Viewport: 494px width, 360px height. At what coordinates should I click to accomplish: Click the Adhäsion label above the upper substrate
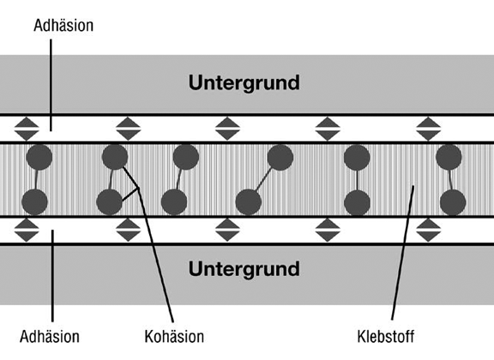tap(63, 26)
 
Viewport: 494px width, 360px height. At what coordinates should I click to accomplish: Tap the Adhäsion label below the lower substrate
tap(50, 336)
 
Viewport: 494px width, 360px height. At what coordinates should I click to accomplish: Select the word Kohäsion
tap(174, 336)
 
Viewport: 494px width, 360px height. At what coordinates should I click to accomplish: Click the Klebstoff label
tap(386, 336)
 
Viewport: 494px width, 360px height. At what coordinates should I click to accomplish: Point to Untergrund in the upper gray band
tap(244, 82)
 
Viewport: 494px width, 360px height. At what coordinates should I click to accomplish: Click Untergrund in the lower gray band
tap(244, 269)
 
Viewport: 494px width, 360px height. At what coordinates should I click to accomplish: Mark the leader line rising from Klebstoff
tap(402, 253)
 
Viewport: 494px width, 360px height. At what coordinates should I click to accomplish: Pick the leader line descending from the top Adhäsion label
tap(51, 85)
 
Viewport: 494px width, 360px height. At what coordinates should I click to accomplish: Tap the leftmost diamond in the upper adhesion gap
tap(27, 129)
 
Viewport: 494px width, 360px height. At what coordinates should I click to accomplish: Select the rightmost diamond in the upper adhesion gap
tap(428, 129)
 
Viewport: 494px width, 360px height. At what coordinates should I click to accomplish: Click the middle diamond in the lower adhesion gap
tap(227, 231)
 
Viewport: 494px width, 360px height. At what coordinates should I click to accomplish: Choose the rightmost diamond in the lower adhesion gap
tap(428, 231)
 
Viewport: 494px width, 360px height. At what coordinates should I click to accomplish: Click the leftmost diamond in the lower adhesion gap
tap(27, 231)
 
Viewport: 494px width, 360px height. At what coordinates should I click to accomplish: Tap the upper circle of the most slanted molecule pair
tap(280, 157)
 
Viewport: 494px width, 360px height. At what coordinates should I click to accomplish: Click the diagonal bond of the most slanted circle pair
tap(263, 179)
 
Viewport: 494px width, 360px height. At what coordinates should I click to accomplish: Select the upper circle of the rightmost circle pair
tap(449, 157)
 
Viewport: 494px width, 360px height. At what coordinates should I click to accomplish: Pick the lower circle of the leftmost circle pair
tap(34, 202)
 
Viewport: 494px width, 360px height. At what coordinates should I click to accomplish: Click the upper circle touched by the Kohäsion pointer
tap(115, 157)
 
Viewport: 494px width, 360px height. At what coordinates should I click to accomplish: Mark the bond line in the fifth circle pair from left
tap(357, 180)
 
